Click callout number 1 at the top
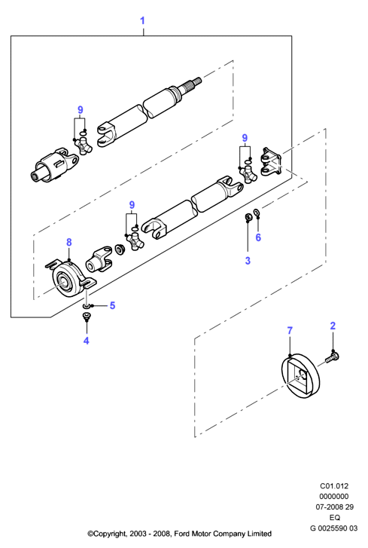pos(142,20)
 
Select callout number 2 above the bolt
pos(333,326)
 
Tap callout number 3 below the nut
pos(248,260)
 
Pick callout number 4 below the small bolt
pos(86,341)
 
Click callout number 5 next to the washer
pos(112,305)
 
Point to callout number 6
pos(258,237)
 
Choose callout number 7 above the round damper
pos(290,330)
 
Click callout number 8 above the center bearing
pos(69,242)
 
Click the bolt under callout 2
pos(333,358)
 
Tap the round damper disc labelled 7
pos(301,376)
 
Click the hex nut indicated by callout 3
pos(248,218)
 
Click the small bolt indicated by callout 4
pos(86,317)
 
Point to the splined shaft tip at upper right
pos(193,82)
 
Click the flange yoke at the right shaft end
pos(272,161)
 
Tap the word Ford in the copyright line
pos(181,534)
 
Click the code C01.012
pos(334,485)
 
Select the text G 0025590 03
pos(334,528)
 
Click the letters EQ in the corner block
pos(334,518)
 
